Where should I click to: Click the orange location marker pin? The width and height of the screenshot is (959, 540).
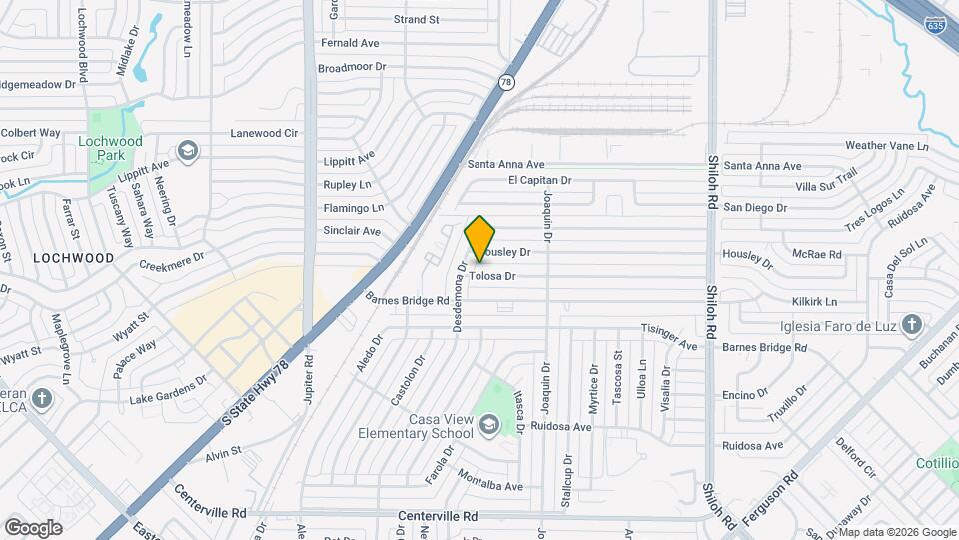tap(480, 239)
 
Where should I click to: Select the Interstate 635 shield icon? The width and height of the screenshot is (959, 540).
tap(935, 24)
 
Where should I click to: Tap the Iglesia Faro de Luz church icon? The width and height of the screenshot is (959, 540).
tap(910, 323)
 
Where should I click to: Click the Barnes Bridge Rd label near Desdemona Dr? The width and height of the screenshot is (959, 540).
tap(407, 298)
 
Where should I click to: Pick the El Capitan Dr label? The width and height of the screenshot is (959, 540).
tap(539, 181)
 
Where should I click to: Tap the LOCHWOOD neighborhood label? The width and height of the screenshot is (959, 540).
tap(73, 257)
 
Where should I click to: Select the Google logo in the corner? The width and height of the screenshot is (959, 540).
tap(33, 527)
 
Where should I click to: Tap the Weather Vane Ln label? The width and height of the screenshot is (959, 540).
tap(886, 146)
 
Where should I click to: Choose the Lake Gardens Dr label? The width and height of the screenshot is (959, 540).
tap(168, 389)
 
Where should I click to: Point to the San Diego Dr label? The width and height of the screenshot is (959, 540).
tap(755, 208)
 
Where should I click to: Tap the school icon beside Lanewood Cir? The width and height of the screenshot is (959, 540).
tap(185, 151)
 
